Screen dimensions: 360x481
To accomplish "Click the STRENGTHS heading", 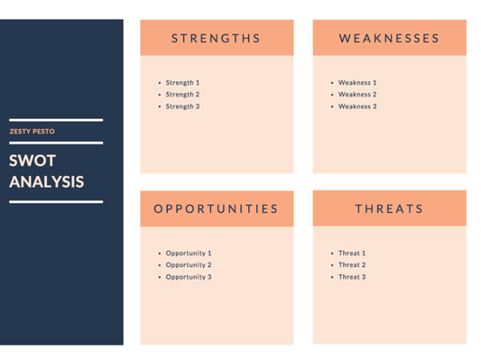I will [x=217, y=39].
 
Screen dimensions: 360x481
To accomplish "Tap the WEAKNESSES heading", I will [x=389, y=39].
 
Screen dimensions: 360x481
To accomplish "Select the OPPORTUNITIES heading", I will [x=217, y=208].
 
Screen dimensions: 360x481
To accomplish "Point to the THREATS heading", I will [x=389, y=208].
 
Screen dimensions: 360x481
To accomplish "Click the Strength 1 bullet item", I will [x=182, y=83].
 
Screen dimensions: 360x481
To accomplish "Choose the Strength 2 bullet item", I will [x=182, y=95].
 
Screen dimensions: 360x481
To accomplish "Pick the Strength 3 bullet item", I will [x=182, y=106].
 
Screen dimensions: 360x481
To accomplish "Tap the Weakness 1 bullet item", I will [x=357, y=83].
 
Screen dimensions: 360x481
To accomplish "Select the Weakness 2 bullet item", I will [x=357, y=95].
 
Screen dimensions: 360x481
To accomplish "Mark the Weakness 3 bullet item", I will [x=357, y=106].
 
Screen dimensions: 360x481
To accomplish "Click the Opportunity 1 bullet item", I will [x=188, y=254].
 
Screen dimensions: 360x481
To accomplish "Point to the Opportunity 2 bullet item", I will [x=188, y=265].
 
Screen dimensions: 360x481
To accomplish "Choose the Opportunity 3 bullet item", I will [x=188, y=277].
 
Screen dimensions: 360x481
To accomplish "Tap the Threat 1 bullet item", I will [x=352, y=254].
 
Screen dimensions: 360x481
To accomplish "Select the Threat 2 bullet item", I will [x=352, y=265].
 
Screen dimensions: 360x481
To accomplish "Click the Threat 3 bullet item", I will [x=352, y=277].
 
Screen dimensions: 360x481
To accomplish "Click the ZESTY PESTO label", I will [x=32, y=132].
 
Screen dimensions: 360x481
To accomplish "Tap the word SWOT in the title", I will [x=32, y=162].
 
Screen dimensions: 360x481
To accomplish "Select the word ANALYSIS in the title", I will [x=47, y=181].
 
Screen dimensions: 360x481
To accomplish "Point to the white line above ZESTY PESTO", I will [x=56, y=120].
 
